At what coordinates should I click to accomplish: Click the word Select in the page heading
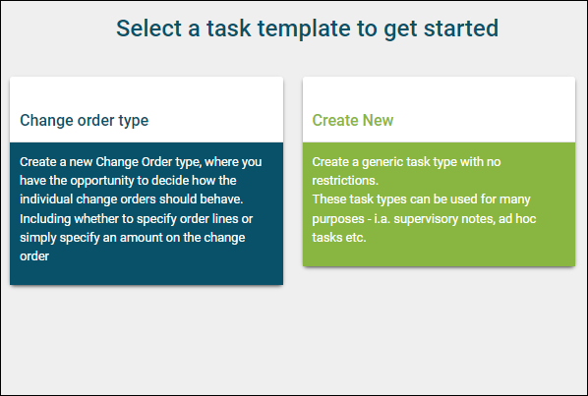[x=148, y=28]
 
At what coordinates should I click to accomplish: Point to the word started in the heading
[x=461, y=28]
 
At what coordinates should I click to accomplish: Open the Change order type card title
[x=84, y=121]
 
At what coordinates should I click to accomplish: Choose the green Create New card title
[x=353, y=120]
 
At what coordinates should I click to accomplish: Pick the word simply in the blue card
[x=37, y=238]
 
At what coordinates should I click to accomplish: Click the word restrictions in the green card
[x=345, y=181]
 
